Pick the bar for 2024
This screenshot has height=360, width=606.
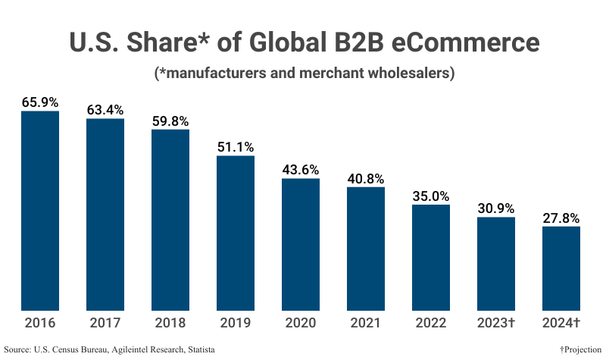click(561, 268)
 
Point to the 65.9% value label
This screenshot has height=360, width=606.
click(40, 102)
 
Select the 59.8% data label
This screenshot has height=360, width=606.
click(170, 121)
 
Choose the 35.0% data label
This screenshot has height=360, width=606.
click(431, 195)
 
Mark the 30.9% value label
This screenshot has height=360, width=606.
click(496, 208)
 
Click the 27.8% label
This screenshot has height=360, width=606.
click(561, 218)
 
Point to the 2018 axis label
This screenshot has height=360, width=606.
click(170, 323)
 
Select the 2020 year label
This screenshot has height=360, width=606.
click(301, 323)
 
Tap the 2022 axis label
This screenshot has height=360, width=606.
click(431, 323)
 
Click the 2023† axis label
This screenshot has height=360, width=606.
click(496, 323)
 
